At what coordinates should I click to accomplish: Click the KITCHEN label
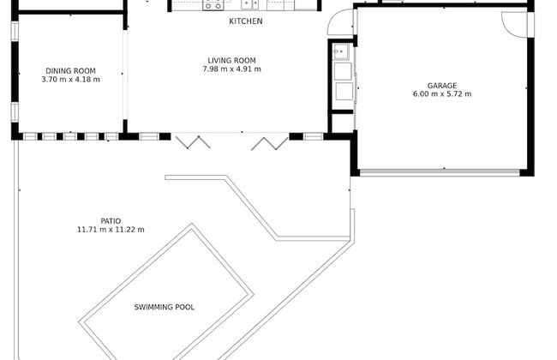[246, 21]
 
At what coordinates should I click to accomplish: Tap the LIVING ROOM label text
[231, 61]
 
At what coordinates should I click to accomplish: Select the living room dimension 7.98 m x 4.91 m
[231, 69]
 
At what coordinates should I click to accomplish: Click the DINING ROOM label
[70, 71]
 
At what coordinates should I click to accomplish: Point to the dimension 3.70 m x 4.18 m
[70, 80]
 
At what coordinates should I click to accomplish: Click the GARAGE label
[442, 86]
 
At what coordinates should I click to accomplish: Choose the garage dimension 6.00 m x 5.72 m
[442, 94]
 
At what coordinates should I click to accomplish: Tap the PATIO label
[111, 221]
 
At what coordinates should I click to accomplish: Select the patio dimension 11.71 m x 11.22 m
[111, 230]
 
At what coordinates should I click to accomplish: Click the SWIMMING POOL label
[165, 307]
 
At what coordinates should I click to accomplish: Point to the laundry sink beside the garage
[341, 52]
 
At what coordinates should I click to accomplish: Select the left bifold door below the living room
[193, 142]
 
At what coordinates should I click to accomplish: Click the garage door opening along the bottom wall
[440, 172]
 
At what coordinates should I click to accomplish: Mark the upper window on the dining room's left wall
[15, 31]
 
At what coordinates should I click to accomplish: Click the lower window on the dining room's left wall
[15, 112]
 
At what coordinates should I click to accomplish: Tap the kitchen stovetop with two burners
[213, 5]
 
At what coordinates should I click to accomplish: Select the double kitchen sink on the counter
[250, 4]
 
